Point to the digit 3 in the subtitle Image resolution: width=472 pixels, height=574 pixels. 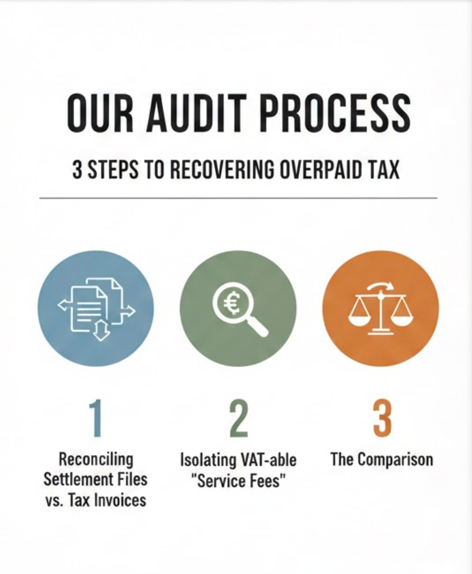point(77,169)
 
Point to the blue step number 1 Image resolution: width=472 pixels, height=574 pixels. point(95,418)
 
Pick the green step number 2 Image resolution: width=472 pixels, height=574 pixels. point(238,418)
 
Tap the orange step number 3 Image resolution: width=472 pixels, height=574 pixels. point(381,418)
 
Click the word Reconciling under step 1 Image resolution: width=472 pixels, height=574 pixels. point(96,460)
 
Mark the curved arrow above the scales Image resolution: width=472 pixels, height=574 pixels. point(381,286)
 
